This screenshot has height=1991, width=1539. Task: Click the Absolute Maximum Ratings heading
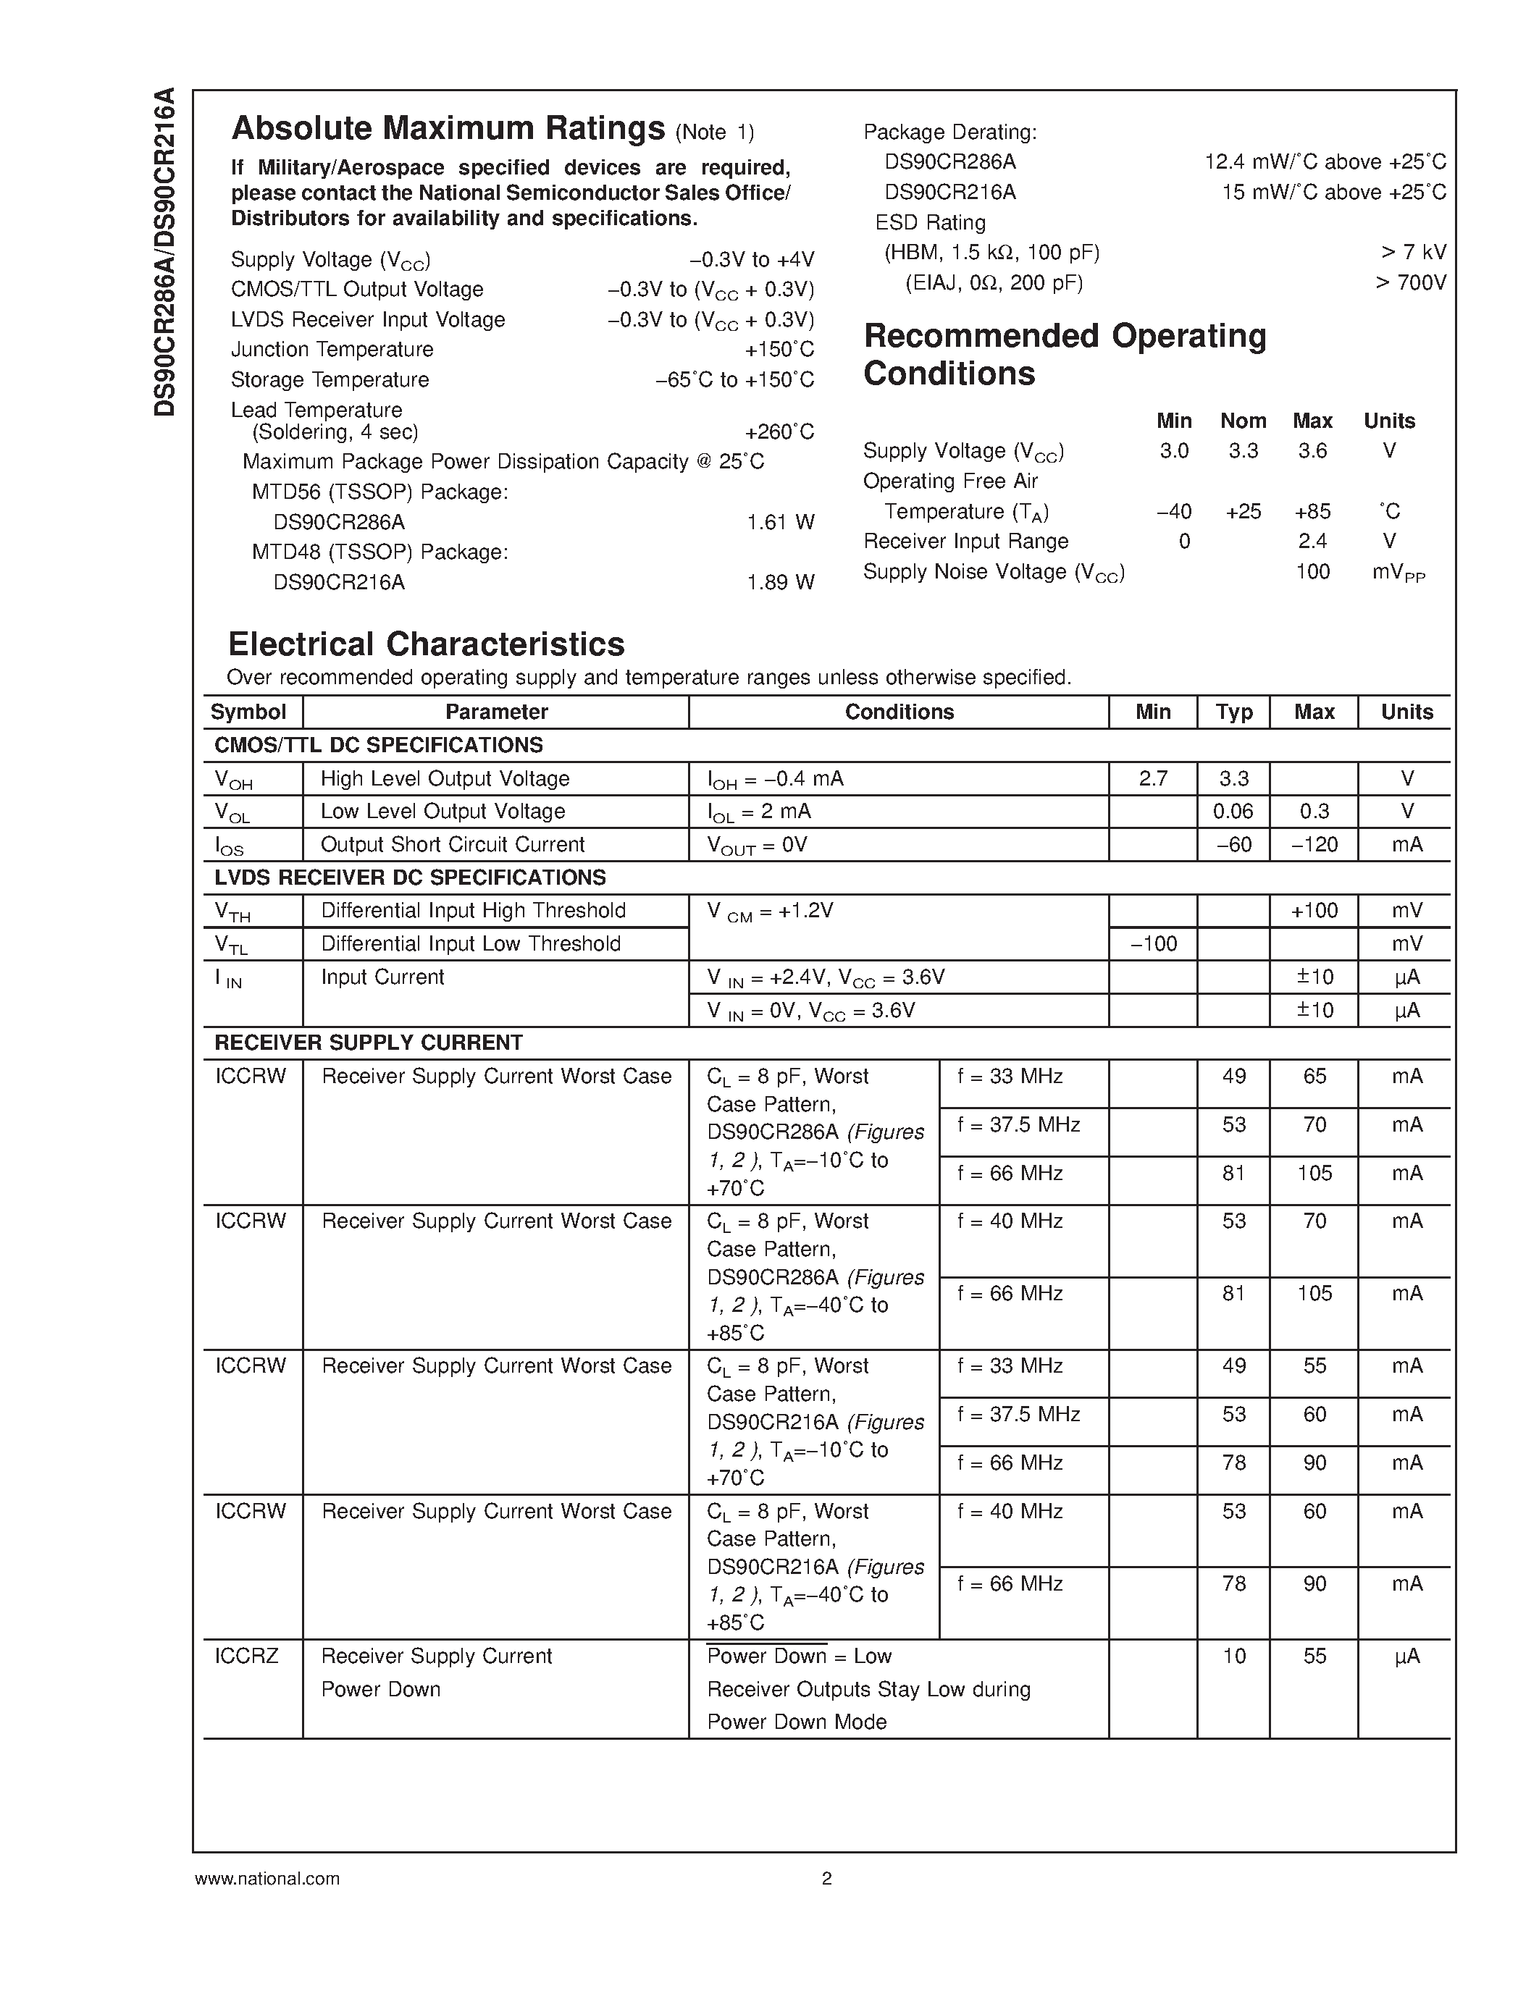[x=448, y=129]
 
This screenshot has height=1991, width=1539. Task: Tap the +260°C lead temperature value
[x=779, y=432]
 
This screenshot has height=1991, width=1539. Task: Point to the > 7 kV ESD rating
[x=1413, y=253]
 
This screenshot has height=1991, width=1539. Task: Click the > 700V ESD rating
[x=1410, y=282]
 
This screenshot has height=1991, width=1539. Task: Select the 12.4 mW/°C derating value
[x=1325, y=162]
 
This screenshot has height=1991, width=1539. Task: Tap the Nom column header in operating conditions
[x=1243, y=421]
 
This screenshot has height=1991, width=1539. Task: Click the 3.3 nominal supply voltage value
[x=1243, y=451]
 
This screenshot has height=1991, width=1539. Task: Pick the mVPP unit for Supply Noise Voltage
[x=1398, y=573]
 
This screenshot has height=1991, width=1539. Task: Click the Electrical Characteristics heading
[x=426, y=644]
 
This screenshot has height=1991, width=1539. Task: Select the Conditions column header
[x=898, y=712]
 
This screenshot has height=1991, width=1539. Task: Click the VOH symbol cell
[x=233, y=780]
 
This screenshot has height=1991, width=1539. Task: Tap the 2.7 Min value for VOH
[x=1152, y=778]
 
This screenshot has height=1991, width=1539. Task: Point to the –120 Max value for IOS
[x=1314, y=845]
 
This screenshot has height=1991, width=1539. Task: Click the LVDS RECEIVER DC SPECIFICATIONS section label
[x=409, y=878]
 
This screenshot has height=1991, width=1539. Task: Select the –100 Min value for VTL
[x=1152, y=944]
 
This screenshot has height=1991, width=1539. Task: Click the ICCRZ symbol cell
[x=246, y=1657]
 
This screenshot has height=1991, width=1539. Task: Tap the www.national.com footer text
[x=267, y=1878]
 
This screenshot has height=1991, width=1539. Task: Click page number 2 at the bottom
[x=826, y=1878]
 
